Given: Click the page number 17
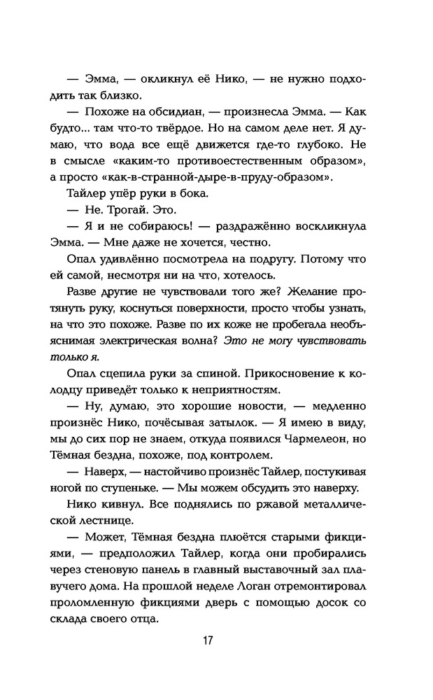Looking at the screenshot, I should (x=208, y=642).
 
